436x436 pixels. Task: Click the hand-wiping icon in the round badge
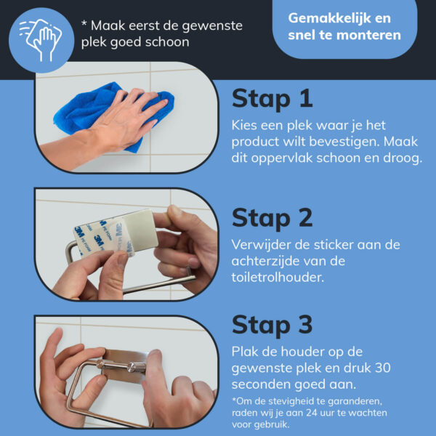(x=41, y=40)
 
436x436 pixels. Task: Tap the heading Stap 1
(x=272, y=99)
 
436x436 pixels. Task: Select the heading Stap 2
(x=272, y=219)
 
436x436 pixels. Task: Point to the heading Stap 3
(x=272, y=326)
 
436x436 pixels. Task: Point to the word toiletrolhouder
(x=278, y=278)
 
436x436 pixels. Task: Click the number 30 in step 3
(x=383, y=368)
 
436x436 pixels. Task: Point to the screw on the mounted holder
(x=132, y=368)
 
